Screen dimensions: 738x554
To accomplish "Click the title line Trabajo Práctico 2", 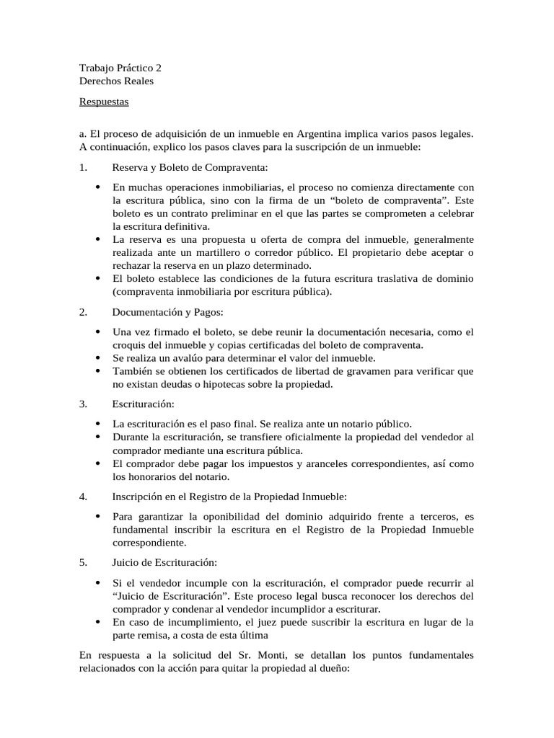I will coord(120,68).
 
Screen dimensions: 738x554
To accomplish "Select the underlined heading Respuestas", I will coord(104,102).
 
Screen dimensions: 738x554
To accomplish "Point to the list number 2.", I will coord(83,312).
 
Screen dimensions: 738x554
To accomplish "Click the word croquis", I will coord(131,344).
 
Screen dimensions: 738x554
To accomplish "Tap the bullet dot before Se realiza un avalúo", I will coord(97,357).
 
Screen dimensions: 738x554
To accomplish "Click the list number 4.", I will coord(83,497).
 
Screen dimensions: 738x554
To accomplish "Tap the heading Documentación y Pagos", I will coord(167,312).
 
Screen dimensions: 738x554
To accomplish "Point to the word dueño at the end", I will coord(330,668).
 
